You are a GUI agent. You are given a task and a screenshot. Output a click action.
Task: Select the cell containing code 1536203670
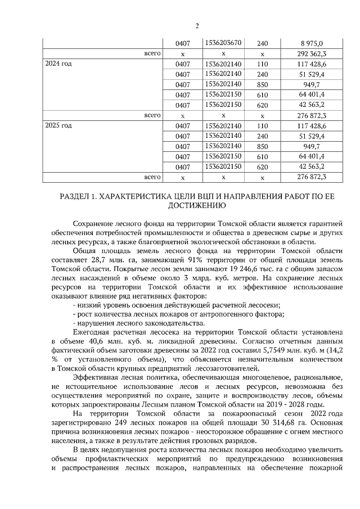point(223,43)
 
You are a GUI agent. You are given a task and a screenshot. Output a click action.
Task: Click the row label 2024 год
point(58,64)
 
